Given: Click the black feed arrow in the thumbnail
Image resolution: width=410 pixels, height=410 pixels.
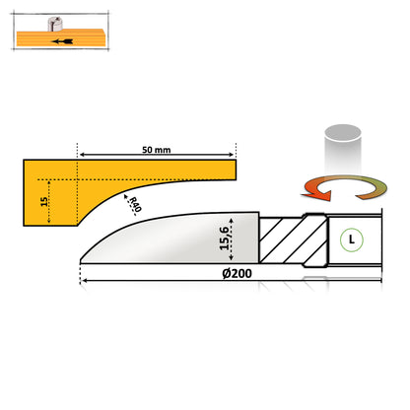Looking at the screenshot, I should [65, 44].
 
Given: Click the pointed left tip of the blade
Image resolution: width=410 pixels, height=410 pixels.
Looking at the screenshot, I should [82, 259].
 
